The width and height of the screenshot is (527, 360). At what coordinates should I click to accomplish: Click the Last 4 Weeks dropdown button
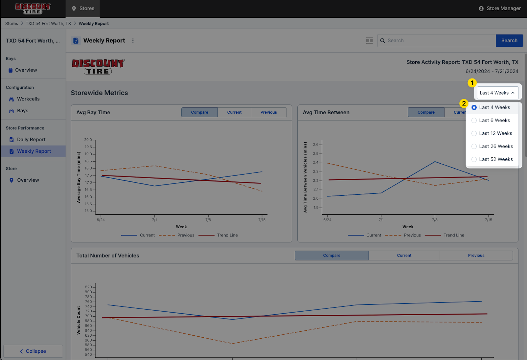(497, 93)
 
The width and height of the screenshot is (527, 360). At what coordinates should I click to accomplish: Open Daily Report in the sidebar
(31, 140)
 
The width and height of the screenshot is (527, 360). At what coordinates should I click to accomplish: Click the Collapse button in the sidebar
(33, 351)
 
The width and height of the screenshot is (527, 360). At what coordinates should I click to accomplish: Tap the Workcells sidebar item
(28, 99)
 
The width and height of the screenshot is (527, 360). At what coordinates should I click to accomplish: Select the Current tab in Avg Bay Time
(234, 112)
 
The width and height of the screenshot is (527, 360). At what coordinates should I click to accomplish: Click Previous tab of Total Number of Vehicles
(476, 256)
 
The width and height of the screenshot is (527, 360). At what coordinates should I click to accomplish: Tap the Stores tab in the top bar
(83, 9)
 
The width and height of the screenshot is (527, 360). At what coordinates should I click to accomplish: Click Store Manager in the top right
(500, 9)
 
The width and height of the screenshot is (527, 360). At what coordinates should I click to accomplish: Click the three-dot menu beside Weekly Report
(133, 41)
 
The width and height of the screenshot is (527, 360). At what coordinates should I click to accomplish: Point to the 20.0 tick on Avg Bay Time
(88, 140)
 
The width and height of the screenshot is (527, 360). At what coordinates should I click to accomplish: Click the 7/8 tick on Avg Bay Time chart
(208, 220)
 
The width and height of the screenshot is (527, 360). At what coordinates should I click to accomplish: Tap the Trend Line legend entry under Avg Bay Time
(227, 235)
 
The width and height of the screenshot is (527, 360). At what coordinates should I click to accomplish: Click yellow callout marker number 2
(464, 103)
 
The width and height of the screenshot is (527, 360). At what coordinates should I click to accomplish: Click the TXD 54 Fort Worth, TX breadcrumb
(48, 24)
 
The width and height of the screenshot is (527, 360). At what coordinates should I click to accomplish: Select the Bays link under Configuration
(23, 111)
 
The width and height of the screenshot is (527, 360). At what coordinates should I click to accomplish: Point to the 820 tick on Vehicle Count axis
(88, 287)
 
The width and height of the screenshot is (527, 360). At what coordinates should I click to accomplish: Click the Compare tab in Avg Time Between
(426, 112)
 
